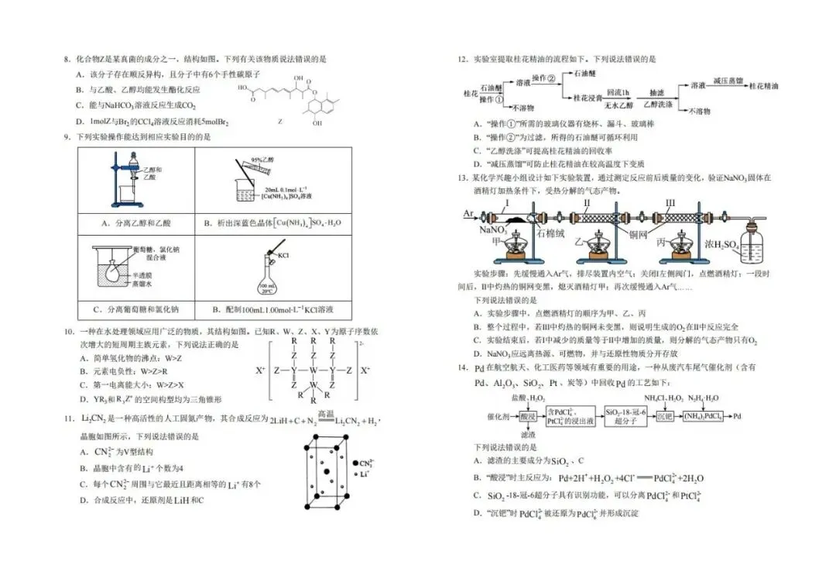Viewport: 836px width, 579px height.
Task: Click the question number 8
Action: coord(67,59)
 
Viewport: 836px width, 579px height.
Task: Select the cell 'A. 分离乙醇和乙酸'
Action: coord(136,223)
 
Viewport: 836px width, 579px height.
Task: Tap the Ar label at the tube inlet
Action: coord(469,212)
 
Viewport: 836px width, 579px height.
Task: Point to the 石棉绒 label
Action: coord(546,230)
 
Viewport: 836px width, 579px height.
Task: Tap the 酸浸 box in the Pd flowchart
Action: coord(527,416)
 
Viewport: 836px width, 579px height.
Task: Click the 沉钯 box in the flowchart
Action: coord(663,416)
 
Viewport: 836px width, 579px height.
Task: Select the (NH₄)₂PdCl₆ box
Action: coord(702,416)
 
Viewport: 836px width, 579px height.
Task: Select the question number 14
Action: coord(461,367)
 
